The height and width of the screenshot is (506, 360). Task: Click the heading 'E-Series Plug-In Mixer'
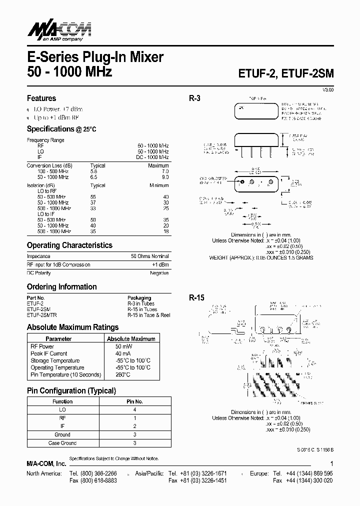(95, 57)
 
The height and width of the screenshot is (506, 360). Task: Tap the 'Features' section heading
(41, 98)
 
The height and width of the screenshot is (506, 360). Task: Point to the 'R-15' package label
(196, 297)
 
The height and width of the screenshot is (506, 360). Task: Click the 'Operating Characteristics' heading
(69, 245)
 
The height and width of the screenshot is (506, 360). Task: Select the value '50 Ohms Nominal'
(149, 256)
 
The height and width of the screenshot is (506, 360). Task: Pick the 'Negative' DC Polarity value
(159, 273)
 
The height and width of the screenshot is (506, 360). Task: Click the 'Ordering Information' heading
(61, 287)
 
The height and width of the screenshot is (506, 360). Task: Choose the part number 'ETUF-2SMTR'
(41, 315)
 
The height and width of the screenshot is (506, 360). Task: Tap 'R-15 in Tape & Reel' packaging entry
(148, 315)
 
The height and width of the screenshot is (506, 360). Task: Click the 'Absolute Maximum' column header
(131, 339)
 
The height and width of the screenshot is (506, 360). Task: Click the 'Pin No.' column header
(134, 401)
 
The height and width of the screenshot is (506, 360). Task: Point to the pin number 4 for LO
(134, 409)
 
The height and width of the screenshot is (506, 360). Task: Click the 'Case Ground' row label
(62, 443)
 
